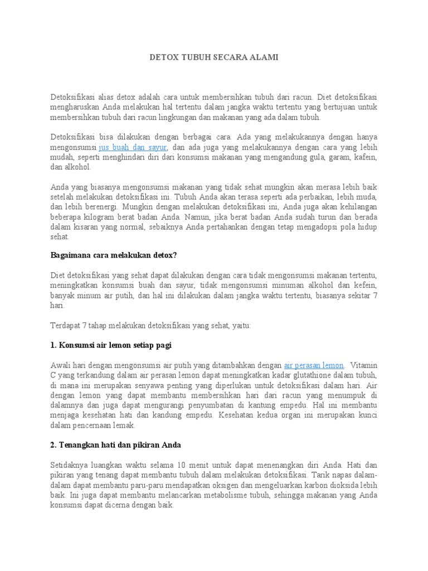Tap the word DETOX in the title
coord(164,57)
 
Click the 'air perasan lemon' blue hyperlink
coord(314,365)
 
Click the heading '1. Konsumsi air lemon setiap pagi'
coord(111,345)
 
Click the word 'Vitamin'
coord(363,365)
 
